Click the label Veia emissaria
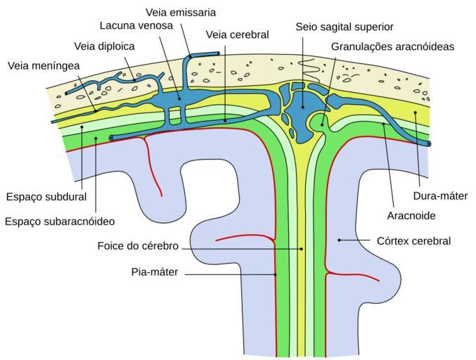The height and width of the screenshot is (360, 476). (181, 13)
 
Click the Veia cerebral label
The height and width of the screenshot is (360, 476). (238, 34)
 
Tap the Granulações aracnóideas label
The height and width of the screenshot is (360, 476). (392, 46)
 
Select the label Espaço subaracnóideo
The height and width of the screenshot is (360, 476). (59, 221)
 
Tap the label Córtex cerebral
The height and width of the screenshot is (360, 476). (412, 240)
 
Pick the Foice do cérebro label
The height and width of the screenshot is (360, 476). (139, 247)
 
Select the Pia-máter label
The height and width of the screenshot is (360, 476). (155, 272)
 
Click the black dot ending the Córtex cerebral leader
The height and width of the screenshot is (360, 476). (340, 240)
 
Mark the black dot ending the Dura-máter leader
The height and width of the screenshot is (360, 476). (416, 112)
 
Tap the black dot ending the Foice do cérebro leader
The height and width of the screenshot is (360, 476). (302, 248)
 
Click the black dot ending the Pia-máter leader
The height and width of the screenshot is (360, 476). (276, 273)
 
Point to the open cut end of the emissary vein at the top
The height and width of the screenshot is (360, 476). (218, 53)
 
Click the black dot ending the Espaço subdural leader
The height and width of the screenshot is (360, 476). (82, 127)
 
